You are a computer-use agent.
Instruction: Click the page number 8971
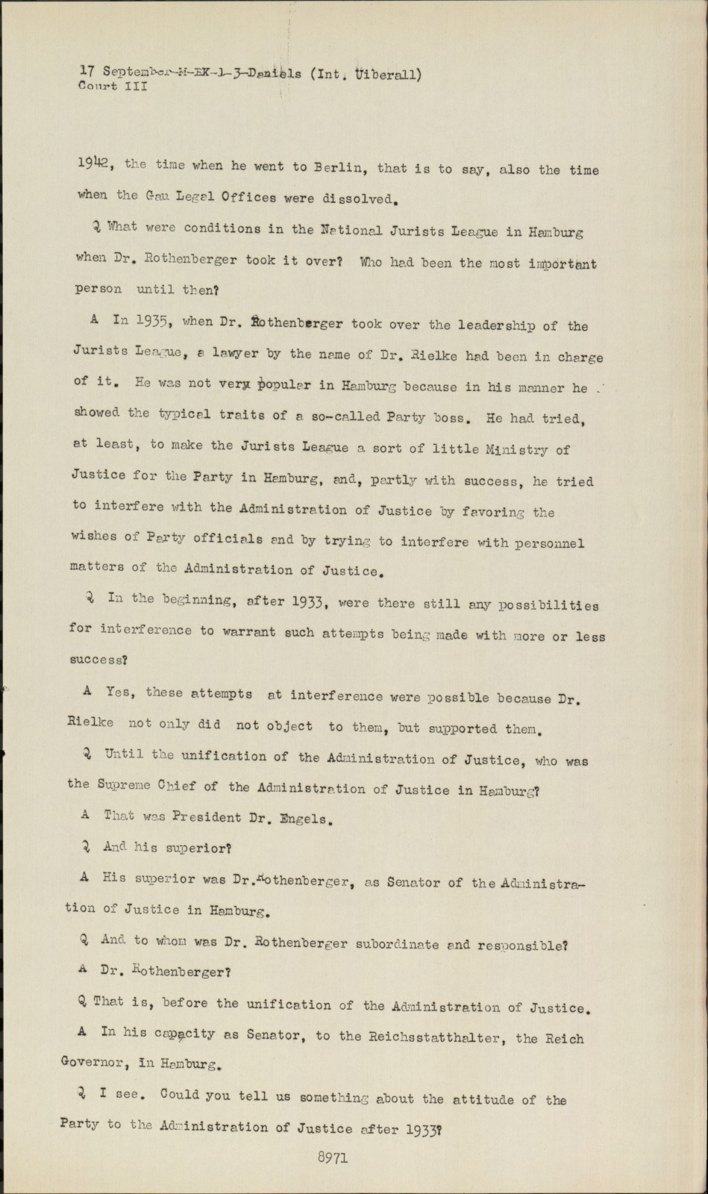point(332,1158)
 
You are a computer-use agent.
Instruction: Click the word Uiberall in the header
point(388,74)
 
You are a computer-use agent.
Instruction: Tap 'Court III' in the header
point(113,86)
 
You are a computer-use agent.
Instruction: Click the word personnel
point(549,543)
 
